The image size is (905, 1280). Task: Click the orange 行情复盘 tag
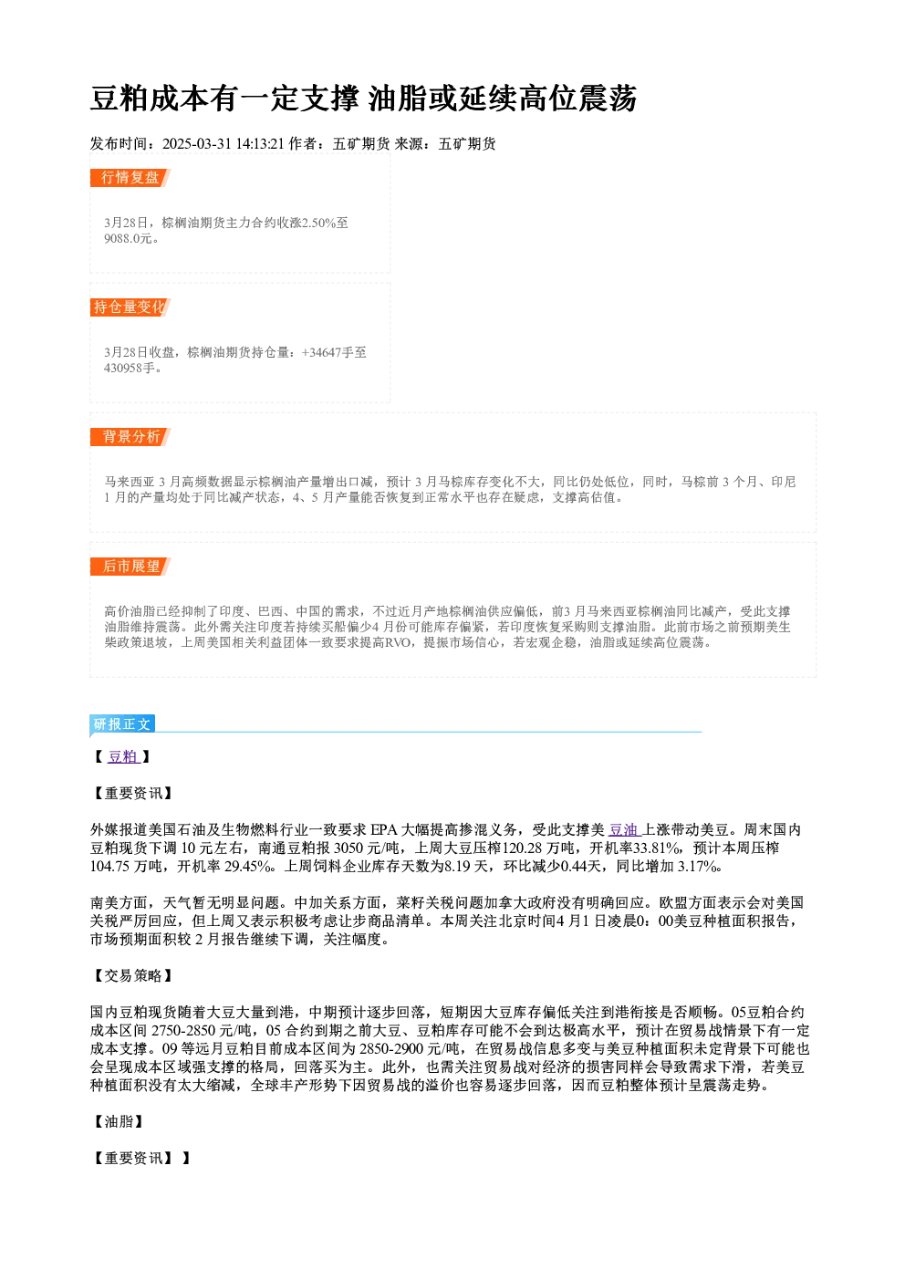point(130,178)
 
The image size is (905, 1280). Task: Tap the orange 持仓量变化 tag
point(130,307)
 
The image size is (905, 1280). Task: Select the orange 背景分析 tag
point(130,437)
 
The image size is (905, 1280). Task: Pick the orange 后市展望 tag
point(130,567)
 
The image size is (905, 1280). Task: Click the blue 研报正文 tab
point(122,724)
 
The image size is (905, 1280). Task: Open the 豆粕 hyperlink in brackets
point(123,757)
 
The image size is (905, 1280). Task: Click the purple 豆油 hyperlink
point(624,829)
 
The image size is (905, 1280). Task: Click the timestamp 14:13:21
point(260,144)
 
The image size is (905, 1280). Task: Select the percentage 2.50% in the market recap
point(318,223)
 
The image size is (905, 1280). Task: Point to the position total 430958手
point(130,369)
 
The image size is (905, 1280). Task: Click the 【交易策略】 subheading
point(133,975)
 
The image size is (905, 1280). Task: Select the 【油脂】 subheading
point(119,1122)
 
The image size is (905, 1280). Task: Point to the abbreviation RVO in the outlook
point(398,643)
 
